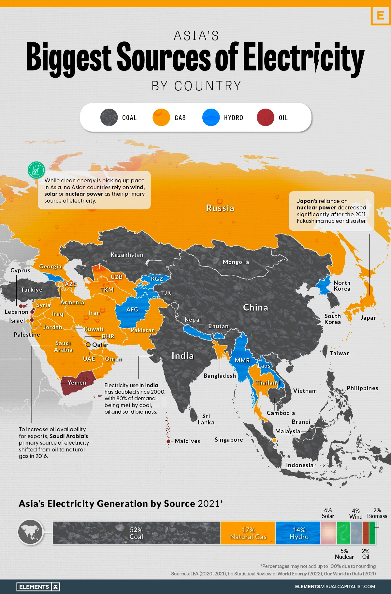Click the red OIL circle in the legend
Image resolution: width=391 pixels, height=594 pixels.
point(265,117)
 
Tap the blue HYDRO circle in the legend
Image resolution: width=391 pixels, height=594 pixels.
point(211,117)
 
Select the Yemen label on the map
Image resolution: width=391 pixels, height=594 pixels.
point(77,383)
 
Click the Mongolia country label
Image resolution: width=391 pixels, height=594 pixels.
point(236,262)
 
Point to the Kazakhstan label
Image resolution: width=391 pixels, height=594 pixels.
point(127,255)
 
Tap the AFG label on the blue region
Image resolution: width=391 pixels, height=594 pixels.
point(132,309)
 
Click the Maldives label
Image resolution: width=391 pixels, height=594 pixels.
point(187,441)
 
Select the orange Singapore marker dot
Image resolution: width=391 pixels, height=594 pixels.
point(274,440)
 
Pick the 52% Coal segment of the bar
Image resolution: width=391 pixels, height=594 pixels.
point(136,533)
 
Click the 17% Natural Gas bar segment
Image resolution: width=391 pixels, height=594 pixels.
point(248,533)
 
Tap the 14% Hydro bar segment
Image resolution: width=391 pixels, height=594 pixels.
point(298,533)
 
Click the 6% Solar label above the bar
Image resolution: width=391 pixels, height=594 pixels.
point(328,513)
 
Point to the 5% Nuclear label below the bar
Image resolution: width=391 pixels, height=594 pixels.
point(344,554)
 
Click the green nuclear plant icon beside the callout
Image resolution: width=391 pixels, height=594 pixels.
point(36,170)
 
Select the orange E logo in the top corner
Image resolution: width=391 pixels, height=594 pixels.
point(380,15)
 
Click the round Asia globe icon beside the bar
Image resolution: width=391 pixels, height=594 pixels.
point(30,532)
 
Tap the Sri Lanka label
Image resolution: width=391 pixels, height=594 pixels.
point(206,419)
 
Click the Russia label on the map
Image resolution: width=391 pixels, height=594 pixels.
point(220,208)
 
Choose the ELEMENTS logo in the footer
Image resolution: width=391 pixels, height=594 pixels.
point(38,587)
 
